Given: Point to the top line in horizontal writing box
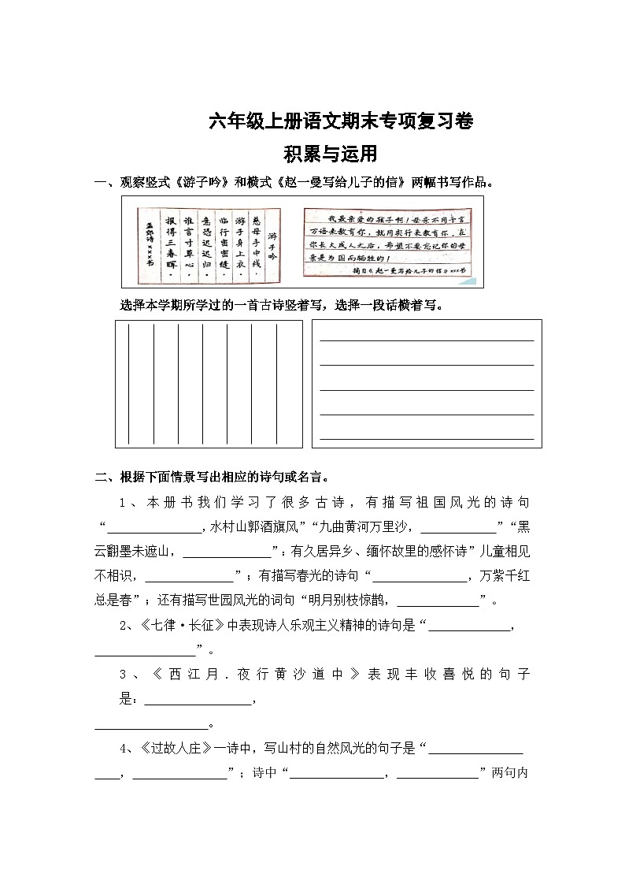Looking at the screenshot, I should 426,340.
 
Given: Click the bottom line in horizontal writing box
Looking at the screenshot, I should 426,438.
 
